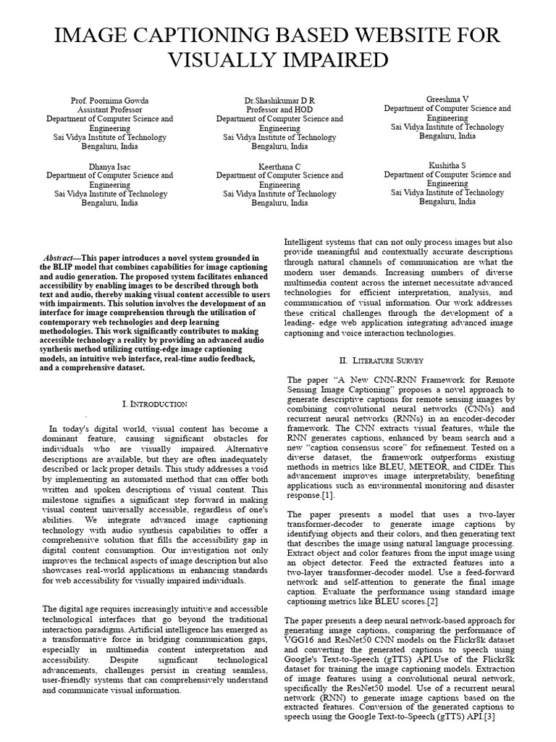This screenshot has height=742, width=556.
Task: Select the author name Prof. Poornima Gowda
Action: (x=110, y=99)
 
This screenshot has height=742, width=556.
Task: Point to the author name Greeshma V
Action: (x=447, y=99)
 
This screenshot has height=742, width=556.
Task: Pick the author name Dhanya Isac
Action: (x=110, y=167)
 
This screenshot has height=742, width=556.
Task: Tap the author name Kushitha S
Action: (x=447, y=166)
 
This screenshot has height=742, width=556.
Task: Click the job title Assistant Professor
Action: (x=110, y=109)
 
